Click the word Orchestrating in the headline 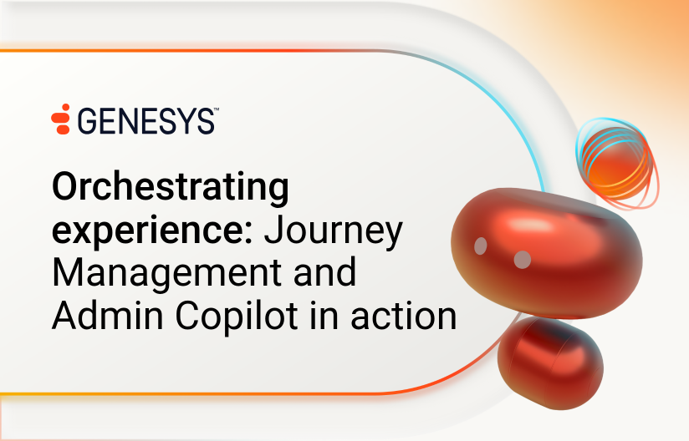click(x=171, y=188)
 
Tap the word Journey click(x=333, y=231)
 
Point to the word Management click(x=167, y=273)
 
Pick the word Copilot click(x=237, y=317)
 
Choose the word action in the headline click(x=403, y=316)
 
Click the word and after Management click(x=324, y=272)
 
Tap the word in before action click(x=324, y=315)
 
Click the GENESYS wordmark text click(x=146, y=121)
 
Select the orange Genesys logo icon click(x=61, y=119)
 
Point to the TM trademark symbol click(x=217, y=109)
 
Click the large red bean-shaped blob click(x=547, y=253)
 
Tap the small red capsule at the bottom click(x=550, y=362)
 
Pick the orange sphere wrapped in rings click(x=617, y=163)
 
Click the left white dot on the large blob click(x=481, y=246)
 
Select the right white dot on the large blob click(x=523, y=260)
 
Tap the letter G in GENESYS click(x=88, y=121)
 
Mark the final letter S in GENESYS click(x=206, y=122)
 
